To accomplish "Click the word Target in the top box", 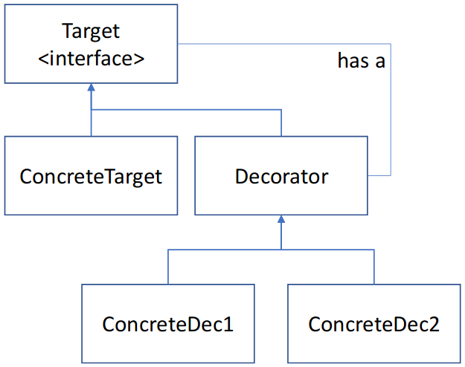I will (x=92, y=32).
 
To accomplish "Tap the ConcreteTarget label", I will (x=91, y=177).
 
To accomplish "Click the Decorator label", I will (x=281, y=177).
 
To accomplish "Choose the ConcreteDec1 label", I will (x=168, y=325).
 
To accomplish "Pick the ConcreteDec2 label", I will (x=374, y=325).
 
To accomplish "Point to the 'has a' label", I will (x=362, y=62).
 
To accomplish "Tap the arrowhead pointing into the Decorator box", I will (x=281, y=221).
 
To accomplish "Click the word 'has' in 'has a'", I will (x=354, y=62).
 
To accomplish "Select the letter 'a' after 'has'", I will (x=379, y=62).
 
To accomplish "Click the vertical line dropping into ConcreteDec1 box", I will (x=168, y=267).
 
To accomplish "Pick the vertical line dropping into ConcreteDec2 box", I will (x=374, y=267).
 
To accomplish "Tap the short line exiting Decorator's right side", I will (x=379, y=175).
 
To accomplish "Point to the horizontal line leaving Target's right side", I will (x=283, y=44).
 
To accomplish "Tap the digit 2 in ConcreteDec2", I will (x=434, y=325).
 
